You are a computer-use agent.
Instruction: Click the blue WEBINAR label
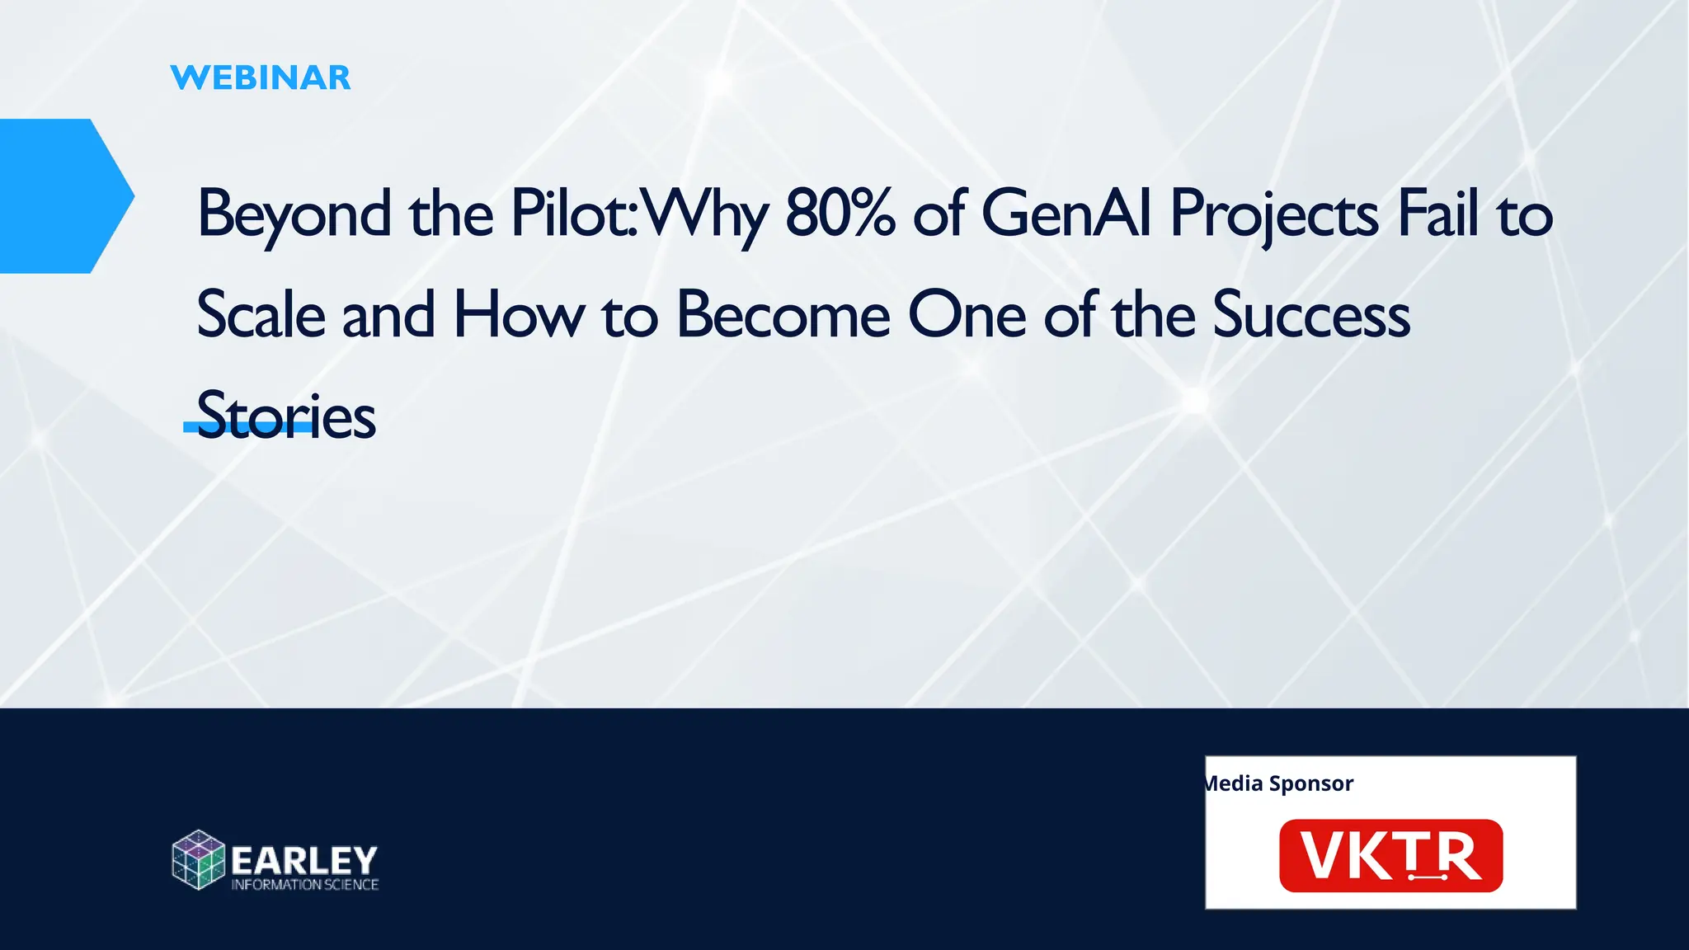tap(261, 78)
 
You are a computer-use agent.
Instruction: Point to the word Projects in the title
tap(1273, 214)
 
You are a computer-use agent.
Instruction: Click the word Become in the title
tap(783, 315)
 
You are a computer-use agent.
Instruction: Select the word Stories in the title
tap(286, 416)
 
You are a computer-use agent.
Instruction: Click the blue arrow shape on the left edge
tap(58, 196)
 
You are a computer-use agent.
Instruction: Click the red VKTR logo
tap(1390, 856)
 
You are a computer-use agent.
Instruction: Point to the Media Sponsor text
tap(1279, 783)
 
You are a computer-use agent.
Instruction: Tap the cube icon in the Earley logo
tap(198, 860)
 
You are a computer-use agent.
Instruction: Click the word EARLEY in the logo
tap(304, 860)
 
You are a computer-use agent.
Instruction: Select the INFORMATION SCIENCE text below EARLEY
tap(304, 885)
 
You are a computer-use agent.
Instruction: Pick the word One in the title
tap(967, 315)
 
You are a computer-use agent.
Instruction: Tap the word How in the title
tap(519, 315)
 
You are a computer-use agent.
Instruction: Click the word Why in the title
tap(705, 214)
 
